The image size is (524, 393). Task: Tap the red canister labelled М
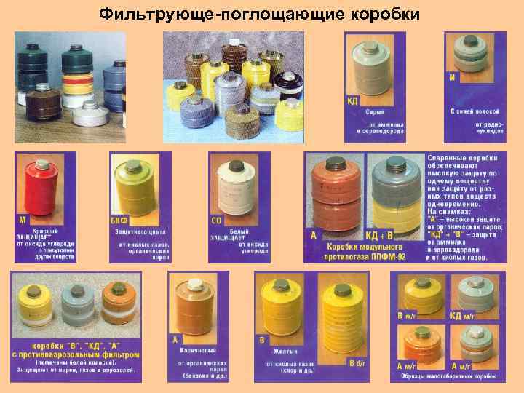(44, 191)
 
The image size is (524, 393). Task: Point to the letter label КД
(352, 100)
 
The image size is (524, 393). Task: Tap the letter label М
(23, 219)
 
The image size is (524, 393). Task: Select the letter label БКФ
(119, 219)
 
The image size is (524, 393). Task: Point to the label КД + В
(379, 235)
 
